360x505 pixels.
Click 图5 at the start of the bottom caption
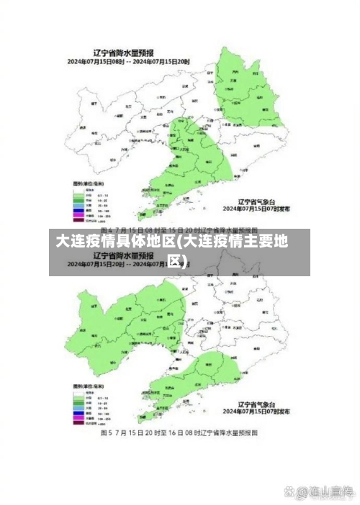click(x=106, y=434)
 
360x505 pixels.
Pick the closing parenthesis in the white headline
click(x=186, y=260)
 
